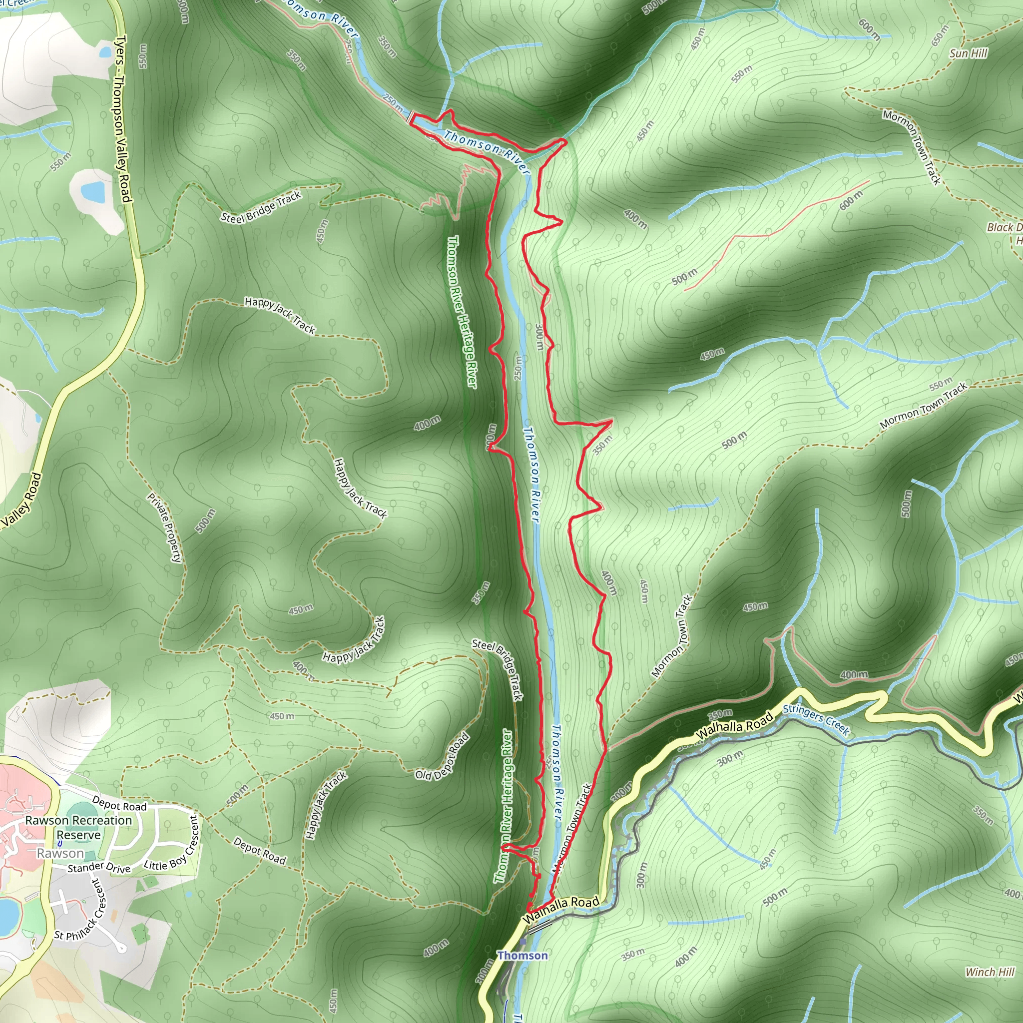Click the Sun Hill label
coord(969,53)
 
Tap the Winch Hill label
coord(990,972)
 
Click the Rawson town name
coord(60,854)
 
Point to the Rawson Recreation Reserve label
coord(78,827)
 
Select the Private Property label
coord(164,527)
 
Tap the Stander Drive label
coord(99,868)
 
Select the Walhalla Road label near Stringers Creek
coord(734,726)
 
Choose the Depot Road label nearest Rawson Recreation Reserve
coord(119,805)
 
